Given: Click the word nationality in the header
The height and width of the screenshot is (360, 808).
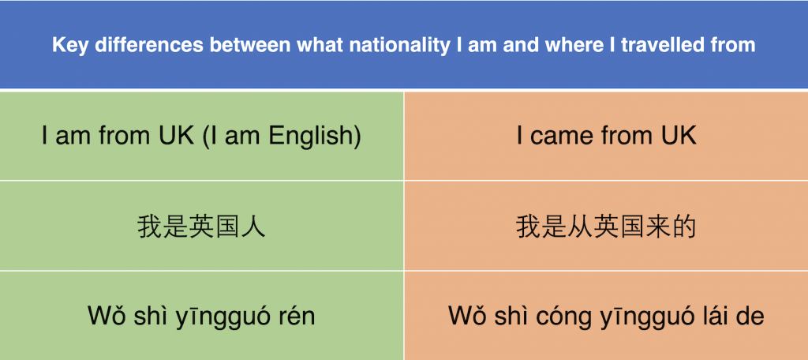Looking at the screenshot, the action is (399, 46).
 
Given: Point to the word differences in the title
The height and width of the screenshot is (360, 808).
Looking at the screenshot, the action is (149, 45).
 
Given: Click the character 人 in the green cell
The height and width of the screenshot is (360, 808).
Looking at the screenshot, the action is (253, 227).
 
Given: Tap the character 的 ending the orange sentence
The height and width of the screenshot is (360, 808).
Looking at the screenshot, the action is (683, 227).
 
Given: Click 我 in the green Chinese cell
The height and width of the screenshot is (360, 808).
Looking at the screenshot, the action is (150, 227).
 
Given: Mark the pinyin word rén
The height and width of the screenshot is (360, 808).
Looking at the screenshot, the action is (296, 316).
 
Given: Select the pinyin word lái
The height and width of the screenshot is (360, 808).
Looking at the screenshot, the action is (714, 316).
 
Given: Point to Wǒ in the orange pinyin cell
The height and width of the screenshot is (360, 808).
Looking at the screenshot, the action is (467, 316).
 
